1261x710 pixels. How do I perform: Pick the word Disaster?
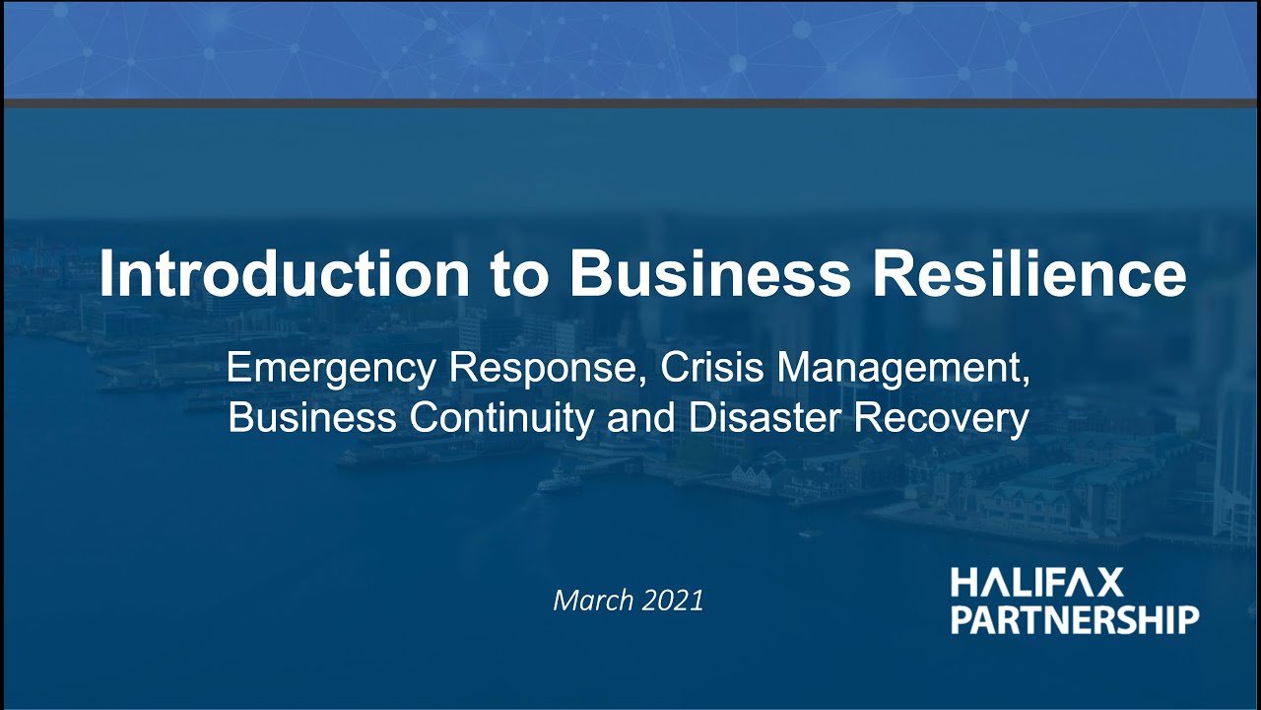765,418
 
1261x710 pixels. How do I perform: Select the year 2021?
674,600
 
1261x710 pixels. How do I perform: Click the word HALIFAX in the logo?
1036,584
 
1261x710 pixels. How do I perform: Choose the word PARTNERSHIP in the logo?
1075,619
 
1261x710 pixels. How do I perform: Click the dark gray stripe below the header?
630,103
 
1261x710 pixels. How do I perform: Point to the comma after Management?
1025,381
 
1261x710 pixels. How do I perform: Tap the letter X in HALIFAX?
1109,584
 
